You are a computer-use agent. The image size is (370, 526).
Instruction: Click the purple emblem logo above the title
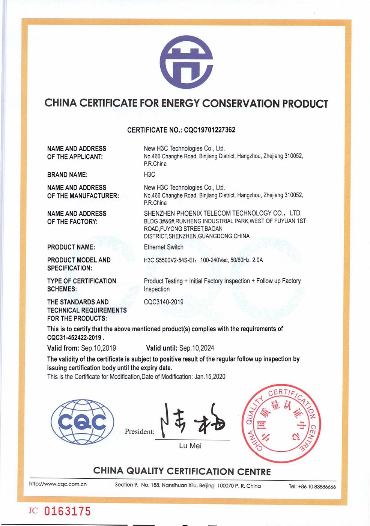tap(186, 62)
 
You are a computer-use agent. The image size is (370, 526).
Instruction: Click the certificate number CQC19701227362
tap(209, 130)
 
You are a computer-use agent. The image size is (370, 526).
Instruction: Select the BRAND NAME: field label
tap(67, 175)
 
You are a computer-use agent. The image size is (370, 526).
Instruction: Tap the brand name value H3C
tap(149, 174)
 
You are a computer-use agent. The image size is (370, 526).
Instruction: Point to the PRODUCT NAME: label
tap(71, 247)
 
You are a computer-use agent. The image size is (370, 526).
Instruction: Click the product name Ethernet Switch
tap(164, 247)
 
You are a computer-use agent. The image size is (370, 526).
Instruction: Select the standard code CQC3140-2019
tap(164, 302)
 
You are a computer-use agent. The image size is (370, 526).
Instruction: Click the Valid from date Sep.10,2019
tap(98, 348)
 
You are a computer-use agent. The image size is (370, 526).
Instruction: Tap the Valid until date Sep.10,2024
tap(197, 348)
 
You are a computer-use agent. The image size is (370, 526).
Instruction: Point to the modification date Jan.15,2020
tap(210, 377)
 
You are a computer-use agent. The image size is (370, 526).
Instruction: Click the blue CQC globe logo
tap(82, 422)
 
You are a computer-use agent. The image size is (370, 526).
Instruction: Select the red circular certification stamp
tap(281, 423)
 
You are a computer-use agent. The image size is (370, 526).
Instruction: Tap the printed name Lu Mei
tap(190, 446)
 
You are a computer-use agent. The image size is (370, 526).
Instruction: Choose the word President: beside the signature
tap(140, 432)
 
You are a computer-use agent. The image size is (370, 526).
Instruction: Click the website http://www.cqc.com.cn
tap(58, 484)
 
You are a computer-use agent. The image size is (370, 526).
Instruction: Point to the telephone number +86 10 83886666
tap(317, 487)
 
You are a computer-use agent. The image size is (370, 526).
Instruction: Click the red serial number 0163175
tap(68, 511)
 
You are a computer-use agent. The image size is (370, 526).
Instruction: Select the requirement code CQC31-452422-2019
tap(74, 338)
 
